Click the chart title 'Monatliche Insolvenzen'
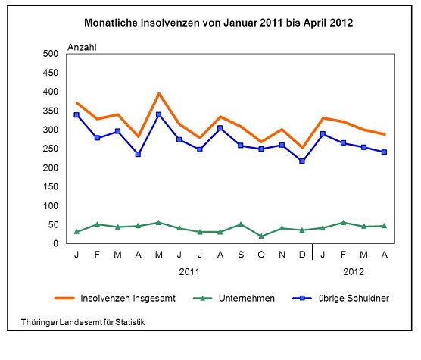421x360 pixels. pos(218,23)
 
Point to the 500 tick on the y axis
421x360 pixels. pos(50,54)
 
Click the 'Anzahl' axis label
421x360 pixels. pos(83,47)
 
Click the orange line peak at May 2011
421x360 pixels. pos(158,93)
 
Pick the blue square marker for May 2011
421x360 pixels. pos(158,114)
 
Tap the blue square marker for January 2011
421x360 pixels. pos(77,114)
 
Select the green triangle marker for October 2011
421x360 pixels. pos(260,236)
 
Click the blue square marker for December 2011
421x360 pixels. pos(302,161)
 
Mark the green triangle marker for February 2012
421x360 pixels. pos(343,222)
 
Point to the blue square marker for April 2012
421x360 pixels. pos(384,152)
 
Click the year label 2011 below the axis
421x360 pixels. pos(189,270)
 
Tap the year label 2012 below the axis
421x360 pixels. pos(354,270)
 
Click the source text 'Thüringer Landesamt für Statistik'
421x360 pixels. pos(83,322)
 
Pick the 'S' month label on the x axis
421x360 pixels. pos(240,255)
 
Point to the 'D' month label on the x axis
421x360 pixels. pos(302,255)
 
